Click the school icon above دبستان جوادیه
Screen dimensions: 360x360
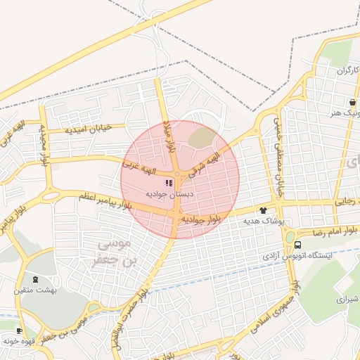point(169,182)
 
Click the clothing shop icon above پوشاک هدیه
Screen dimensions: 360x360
point(264,210)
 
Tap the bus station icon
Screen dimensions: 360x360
point(298,245)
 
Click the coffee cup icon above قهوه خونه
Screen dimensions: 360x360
point(19,330)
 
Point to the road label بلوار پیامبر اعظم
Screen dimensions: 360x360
point(105,200)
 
